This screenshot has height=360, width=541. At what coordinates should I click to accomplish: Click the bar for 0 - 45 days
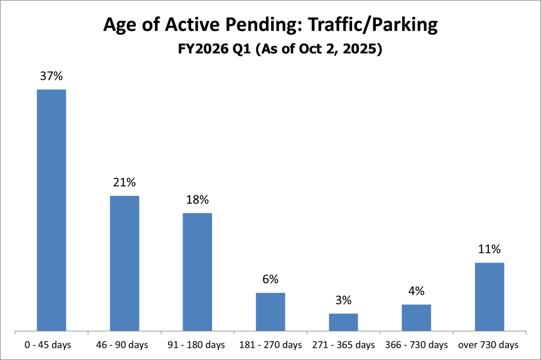click(52, 210)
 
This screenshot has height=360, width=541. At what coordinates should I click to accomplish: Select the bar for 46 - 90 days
click(125, 263)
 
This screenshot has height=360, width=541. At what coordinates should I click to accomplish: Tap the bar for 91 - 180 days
click(197, 272)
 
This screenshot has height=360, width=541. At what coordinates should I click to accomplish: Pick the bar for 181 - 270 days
click(270, 311)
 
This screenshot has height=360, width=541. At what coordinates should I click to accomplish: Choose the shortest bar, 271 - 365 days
click(343, 322)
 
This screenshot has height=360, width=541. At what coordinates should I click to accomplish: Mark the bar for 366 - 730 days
click(416, 317)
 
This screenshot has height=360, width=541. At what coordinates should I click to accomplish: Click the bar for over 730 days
click(489, 297)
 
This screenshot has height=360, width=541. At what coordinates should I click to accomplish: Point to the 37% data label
click(52, 76)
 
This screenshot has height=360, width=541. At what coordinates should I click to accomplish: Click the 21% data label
click(125, 183)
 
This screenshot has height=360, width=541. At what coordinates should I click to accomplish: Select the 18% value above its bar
click(197, 200)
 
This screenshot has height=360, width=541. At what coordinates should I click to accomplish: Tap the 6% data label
click(270, 279)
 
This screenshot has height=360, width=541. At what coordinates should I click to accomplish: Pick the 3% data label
click(343, 300)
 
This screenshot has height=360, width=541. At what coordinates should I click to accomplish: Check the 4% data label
click(416, 291)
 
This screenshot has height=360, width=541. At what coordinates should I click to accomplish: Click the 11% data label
click(489, 249)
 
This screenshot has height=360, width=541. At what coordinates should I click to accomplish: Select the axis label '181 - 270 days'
click(270, 345)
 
